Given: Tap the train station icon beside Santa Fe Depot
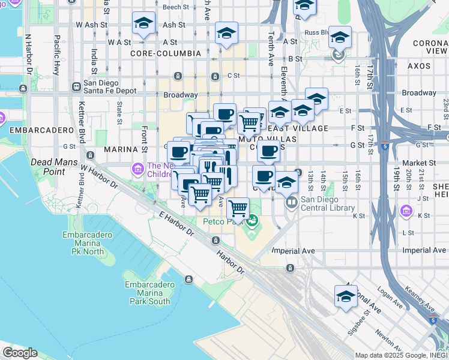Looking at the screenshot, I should click(76, 86).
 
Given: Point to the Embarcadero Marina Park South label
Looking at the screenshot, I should click(147, 293).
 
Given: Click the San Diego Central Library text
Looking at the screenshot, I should click(328, 204).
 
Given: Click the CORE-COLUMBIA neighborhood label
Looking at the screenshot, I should click(166, 53).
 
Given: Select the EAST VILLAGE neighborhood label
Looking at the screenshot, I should click(306, 128).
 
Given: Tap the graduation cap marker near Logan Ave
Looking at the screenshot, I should click(346, 297).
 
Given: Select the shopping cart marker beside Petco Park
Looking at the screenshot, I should click(238, 209).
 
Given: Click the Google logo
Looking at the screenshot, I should click(19, 353).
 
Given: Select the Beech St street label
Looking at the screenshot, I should click(176, 7).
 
